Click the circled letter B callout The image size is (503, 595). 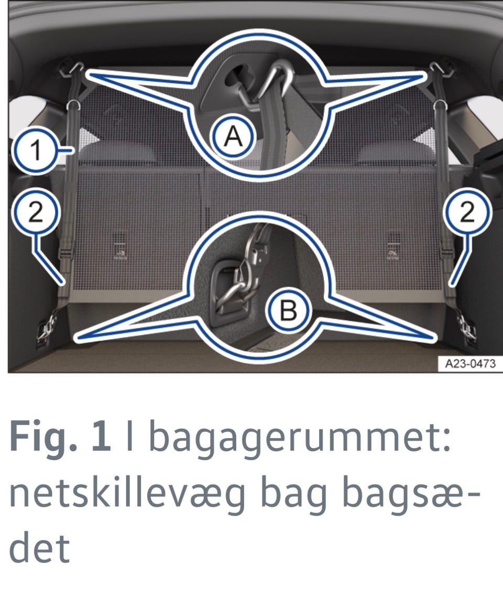click(x=288, y=310)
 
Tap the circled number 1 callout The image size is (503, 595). click(x=36, y=150)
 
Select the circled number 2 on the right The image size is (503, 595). click(x=467, y=211)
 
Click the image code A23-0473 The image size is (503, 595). click(x=470, y=363)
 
